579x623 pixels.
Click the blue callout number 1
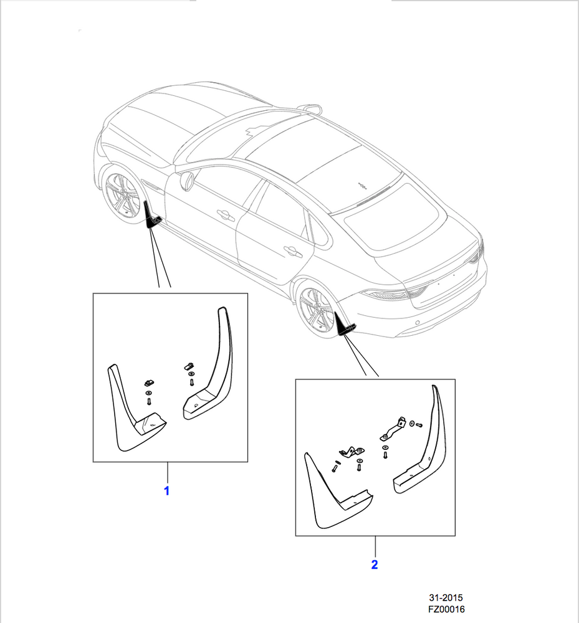[167, 491]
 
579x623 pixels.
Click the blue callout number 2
[375, 564]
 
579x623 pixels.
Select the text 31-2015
[446, 597]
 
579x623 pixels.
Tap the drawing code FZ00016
[446, 609]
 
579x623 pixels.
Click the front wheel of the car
[123, 194]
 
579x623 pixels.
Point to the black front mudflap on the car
[151, 216]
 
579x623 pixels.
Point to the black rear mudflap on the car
[344, 324]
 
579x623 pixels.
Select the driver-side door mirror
[187, 181]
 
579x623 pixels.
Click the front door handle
[226, 214]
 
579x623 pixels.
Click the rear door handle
[293, 250]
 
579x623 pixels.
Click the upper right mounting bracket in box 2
[393, 429]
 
